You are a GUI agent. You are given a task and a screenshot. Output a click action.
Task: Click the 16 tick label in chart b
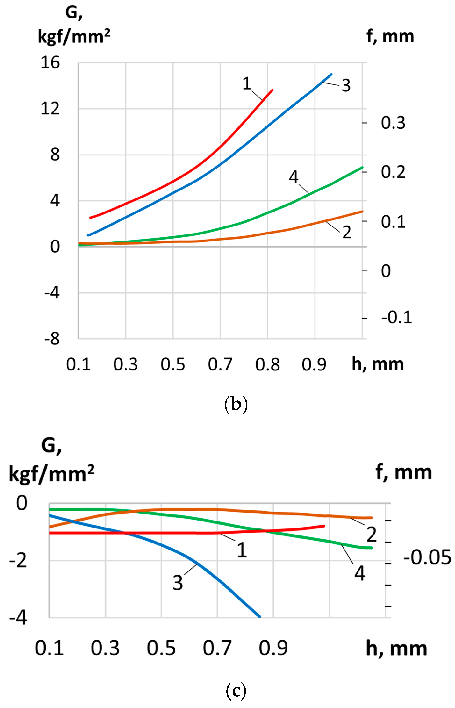[50, 63]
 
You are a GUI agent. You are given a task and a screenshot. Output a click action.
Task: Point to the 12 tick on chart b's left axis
[50, 109]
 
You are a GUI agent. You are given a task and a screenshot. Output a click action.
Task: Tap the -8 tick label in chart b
[52, 339]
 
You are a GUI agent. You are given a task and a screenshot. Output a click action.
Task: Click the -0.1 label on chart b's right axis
[396, 317]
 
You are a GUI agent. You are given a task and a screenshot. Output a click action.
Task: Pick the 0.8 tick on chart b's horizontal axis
[267, 364]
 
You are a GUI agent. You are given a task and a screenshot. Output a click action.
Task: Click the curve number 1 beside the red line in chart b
[247, 83]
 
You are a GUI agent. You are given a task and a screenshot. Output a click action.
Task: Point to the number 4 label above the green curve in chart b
[293, 177]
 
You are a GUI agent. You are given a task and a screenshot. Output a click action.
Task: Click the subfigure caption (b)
[236, 404]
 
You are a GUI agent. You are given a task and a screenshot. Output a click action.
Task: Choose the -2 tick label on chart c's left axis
[18, 561]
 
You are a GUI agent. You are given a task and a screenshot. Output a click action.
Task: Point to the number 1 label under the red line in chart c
[242, 550]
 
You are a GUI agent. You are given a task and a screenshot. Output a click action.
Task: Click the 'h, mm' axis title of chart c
[396, 649]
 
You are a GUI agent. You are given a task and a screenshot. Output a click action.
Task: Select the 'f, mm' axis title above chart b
[390, 37]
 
